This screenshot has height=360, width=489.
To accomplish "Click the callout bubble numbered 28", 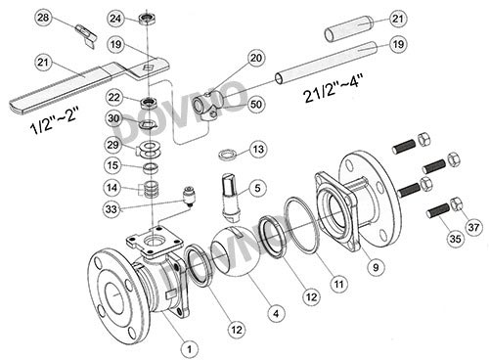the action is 43,18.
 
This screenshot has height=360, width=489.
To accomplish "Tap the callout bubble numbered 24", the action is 115,19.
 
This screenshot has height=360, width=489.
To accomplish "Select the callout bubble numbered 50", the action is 256,104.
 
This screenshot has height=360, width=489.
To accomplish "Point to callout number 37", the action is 473,227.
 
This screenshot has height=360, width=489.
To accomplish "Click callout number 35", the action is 455,239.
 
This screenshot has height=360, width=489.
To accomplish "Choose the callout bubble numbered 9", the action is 376,267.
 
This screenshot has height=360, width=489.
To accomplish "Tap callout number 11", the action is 339,285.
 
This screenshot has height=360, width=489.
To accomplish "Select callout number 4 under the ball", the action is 276,314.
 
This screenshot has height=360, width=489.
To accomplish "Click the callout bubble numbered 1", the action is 189,349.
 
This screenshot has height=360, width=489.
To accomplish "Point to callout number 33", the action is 111,209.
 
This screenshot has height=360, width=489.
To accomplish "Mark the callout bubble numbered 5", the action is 257,188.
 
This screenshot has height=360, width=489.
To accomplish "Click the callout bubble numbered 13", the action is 258,149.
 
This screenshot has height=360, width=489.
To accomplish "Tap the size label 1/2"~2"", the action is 55,120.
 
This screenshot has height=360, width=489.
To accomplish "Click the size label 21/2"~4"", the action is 333,88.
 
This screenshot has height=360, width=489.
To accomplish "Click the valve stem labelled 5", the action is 231,195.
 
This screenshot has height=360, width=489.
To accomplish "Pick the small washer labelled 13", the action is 228,155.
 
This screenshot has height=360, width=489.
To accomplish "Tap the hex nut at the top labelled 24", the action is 147,20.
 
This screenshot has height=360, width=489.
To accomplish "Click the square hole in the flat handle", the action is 147,67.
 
